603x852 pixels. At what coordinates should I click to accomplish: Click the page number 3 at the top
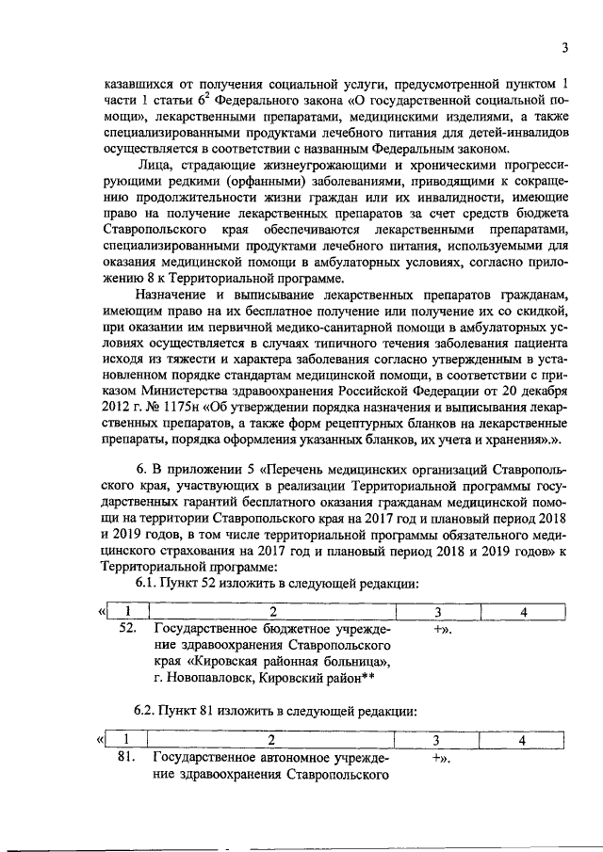coord(563,49)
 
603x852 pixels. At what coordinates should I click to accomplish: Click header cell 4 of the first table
coord(522,613)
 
